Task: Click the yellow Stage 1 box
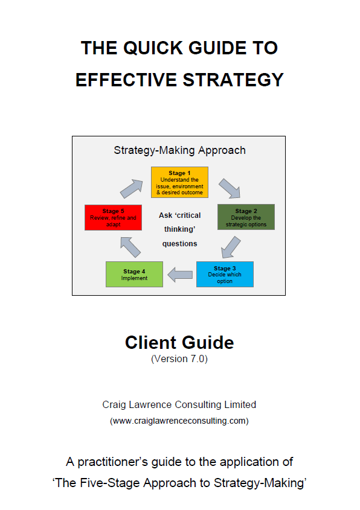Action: (179, 182)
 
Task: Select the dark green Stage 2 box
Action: (246, 217)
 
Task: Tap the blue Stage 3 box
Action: (225, 274)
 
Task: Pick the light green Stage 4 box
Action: (135, 274)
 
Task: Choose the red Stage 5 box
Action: (114, 218)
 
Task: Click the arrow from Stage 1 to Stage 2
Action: (230, 189)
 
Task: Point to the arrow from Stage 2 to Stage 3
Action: (231, 247)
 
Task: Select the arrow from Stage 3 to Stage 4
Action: (180, 275)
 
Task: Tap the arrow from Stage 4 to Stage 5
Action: (130, 247)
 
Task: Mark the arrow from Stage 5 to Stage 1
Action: (132, 189)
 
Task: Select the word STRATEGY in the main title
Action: (233, 80)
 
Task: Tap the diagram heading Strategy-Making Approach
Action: (179, 150)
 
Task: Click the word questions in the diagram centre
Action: (179, 244)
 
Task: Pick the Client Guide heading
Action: (179, 342)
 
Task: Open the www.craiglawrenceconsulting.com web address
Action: (179, 421)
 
